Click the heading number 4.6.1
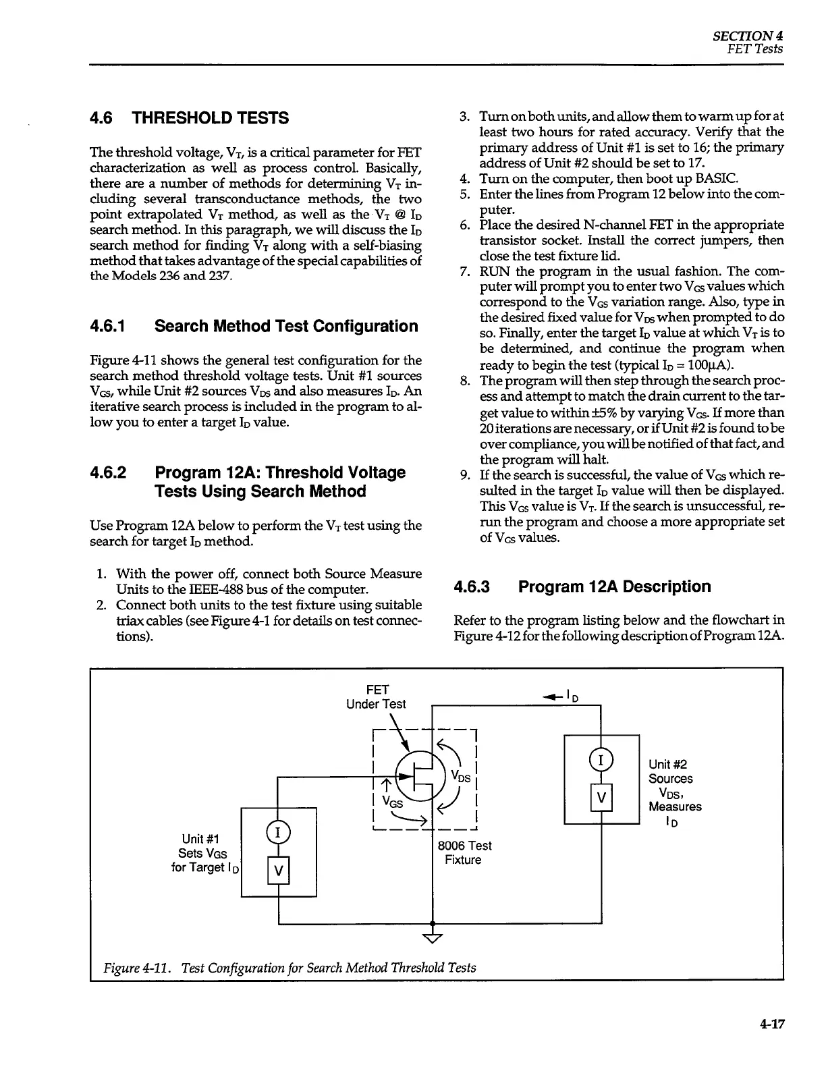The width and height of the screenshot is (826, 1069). click(109, 327)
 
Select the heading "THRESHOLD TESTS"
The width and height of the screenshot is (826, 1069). click(210, 118)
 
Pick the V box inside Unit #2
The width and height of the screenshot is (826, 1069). click(601, 800)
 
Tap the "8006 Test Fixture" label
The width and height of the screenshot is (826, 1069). click(464, 853)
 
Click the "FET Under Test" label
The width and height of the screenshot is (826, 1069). click(376, 696)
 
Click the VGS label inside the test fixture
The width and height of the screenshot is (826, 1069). click(393, 802)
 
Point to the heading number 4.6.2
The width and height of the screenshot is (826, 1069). click(109, 472)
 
